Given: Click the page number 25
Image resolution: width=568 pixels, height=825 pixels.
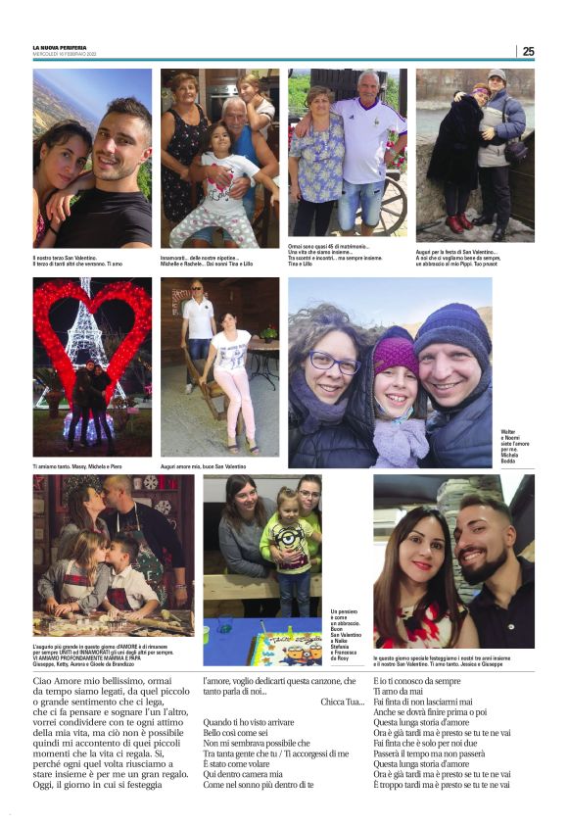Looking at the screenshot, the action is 528,51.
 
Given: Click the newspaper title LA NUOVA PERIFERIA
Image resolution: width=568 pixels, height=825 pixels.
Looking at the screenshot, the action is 60,47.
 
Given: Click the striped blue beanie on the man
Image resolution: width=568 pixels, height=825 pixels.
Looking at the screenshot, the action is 451,328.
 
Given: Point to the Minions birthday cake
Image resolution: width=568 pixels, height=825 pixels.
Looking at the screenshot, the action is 285,648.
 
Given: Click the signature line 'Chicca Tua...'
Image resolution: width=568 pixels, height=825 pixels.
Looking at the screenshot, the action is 342,703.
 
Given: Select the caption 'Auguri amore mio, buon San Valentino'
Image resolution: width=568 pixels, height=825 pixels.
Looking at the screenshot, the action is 203,467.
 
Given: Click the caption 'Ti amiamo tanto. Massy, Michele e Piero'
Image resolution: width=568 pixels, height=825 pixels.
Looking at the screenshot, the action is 77,467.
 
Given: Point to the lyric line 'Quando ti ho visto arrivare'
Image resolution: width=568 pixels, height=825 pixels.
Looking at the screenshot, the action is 250,722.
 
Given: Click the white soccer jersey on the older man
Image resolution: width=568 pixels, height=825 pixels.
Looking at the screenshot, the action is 367,136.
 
